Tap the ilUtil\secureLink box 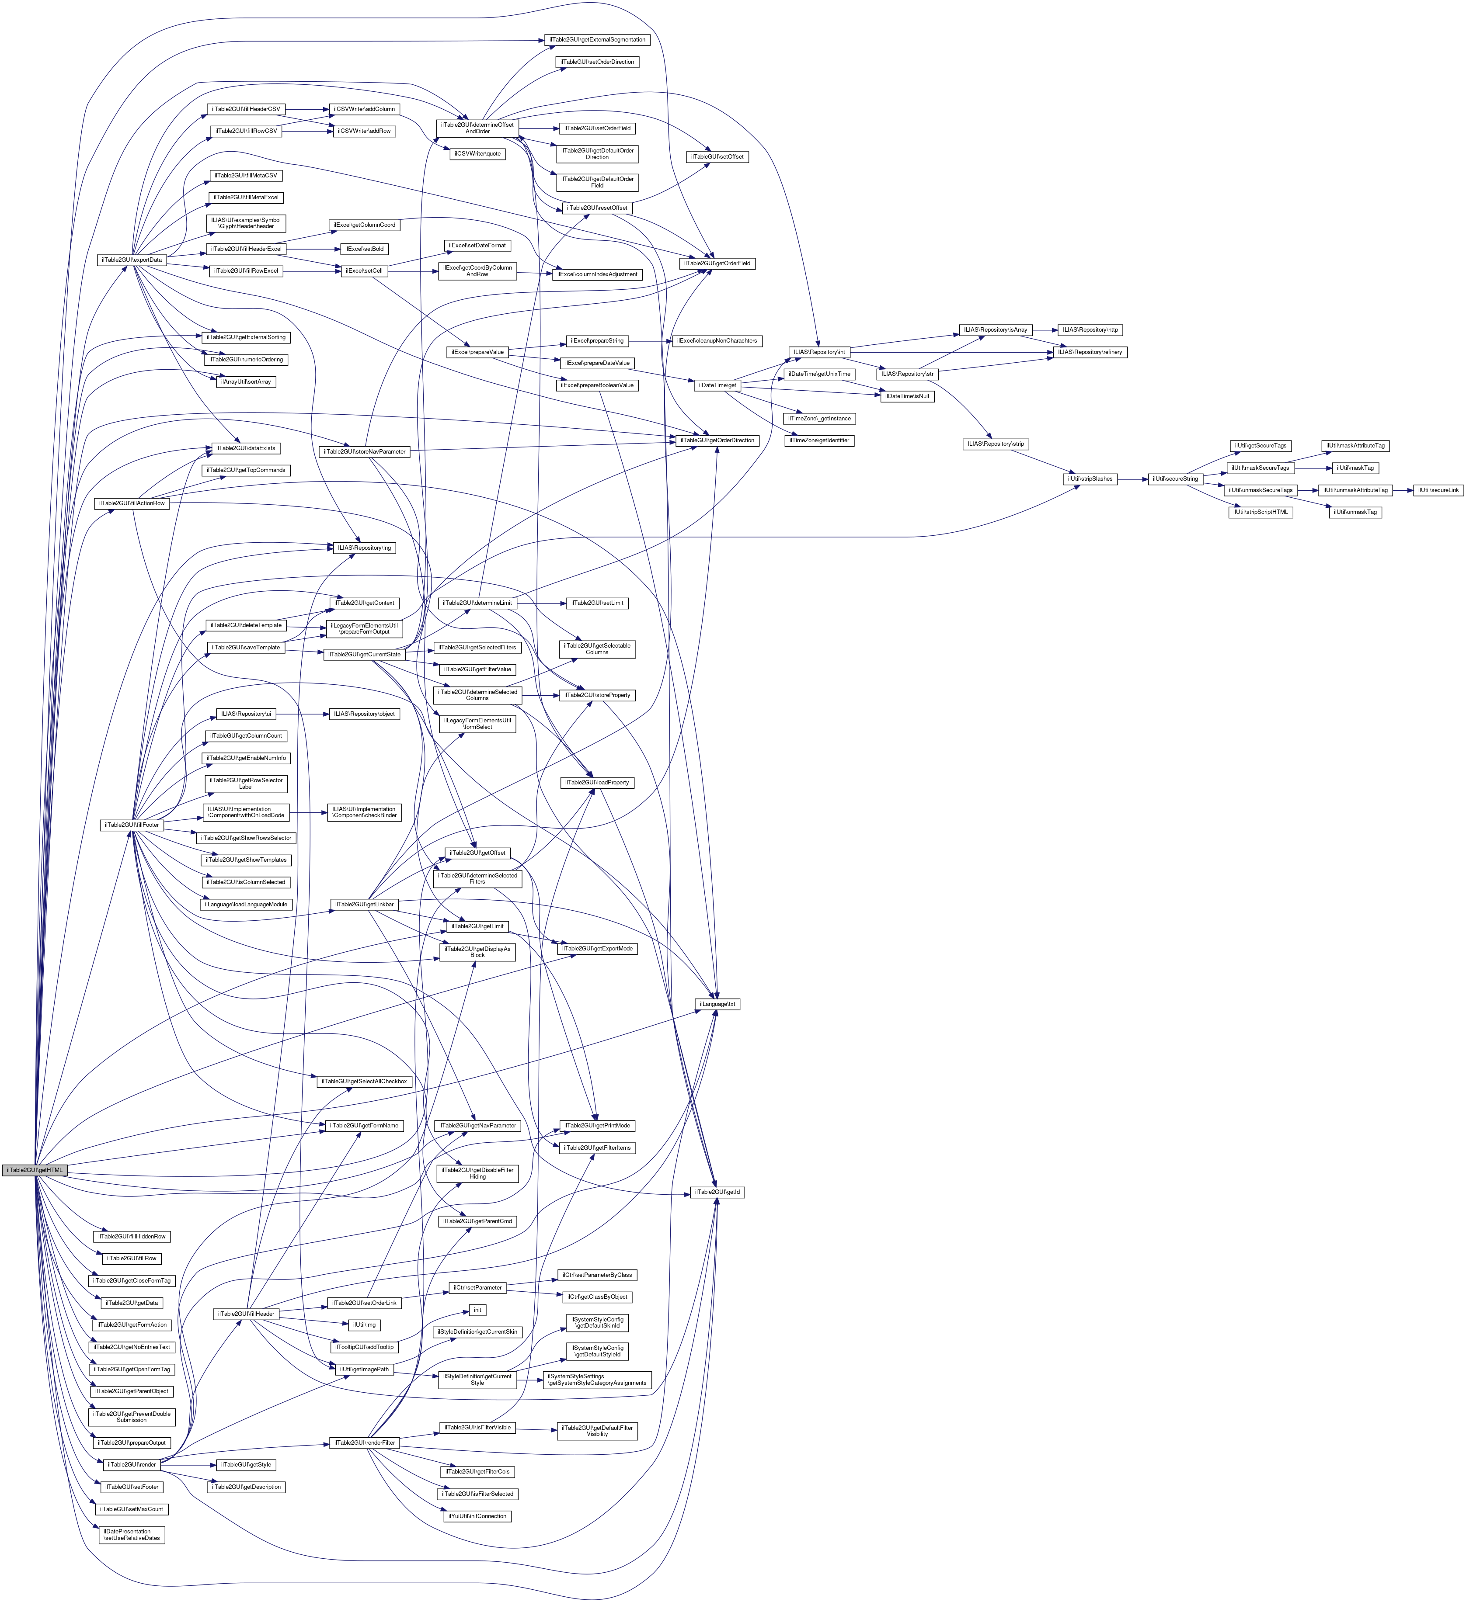coord(1438,490)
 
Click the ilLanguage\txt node coord(718,1005)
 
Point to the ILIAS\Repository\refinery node coord(1089,352)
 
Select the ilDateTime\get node coord(718,385)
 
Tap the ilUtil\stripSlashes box coord(1090,479)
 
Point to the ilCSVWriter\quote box coord(477,153)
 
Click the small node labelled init coord(477,1310)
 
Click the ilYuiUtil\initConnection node coord(477,1516)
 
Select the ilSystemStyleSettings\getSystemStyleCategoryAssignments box coord(597,1380)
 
